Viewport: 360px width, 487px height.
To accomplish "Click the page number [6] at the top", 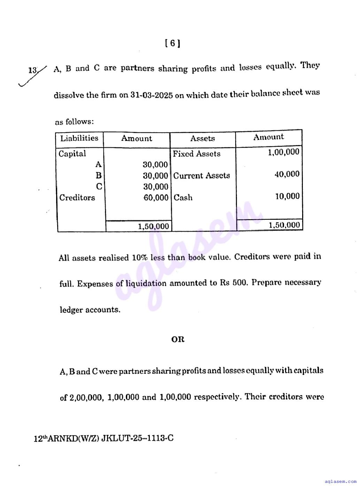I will (x=173, y=43).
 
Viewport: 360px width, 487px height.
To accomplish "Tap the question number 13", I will (x=33, y=70).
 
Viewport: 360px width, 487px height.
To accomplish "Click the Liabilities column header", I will (x=79, y=138).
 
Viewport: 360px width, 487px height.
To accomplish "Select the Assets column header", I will (x=202, y=138).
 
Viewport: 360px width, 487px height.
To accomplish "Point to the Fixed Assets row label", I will (x=197, y=154).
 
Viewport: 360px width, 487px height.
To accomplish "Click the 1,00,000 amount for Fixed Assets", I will (x=284, y=152).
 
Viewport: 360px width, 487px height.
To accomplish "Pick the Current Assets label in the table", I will (x=201, y=176).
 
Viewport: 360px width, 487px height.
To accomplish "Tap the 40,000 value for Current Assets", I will (x=287, y=174).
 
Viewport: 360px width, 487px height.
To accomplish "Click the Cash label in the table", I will (x=183, y=198).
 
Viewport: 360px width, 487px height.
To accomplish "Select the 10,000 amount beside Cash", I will (x=287, y=196).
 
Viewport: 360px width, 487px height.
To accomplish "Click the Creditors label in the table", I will (x=77, y=198).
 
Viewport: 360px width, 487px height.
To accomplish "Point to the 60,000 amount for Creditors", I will (x=156, y=198).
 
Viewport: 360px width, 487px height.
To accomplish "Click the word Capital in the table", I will (x=72, y=154).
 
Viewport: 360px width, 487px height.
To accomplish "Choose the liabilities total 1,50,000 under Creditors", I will (x=153, y=226).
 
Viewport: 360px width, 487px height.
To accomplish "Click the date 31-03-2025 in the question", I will (x=152, y=95).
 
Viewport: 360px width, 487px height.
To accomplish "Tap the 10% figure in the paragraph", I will (x=139, y=258).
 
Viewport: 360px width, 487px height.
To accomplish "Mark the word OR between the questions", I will (x=178, y=339).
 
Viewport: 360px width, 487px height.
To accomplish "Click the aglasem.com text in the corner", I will (x=340, y=482).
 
